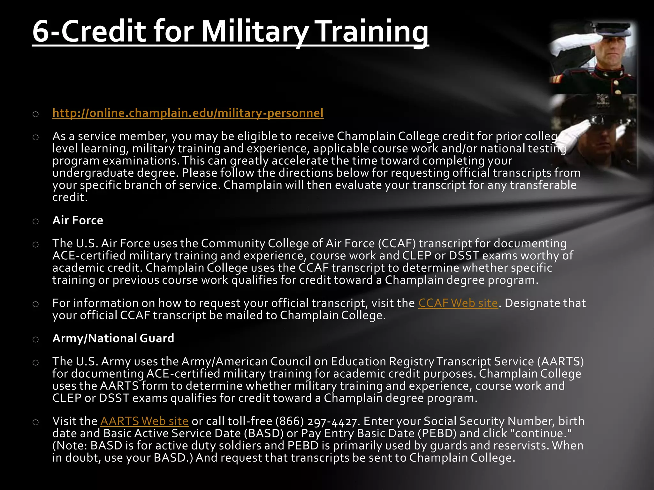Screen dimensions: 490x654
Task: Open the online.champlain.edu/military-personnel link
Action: pyautogui.click(x=188, y=113)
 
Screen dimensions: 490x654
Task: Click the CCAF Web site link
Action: pyautogui.click(x=458, y=303)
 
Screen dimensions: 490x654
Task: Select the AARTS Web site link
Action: pyautogui.click(x=144, y=421)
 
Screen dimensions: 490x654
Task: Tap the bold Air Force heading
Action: pyautogui.click(x=78, y=220)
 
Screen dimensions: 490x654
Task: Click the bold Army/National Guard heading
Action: pyautogui.click(x=113, y=338)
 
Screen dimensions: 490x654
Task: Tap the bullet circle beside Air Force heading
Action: pyautogui.click(x=35, y=221)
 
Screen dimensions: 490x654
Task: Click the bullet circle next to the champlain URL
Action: pyautogui.click(x=35, y=114)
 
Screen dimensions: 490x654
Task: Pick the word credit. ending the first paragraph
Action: pyautogui.click(x=70, y=197)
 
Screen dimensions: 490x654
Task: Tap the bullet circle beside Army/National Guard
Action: pyautogui.click(x=35, y=339)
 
